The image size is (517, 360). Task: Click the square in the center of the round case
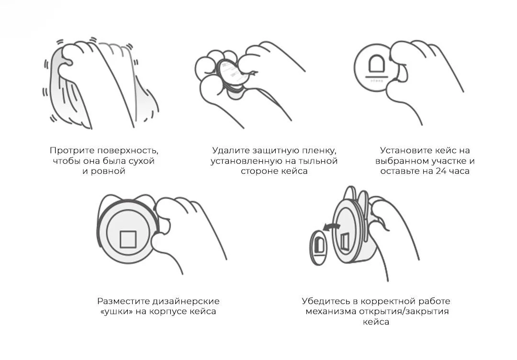128,238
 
